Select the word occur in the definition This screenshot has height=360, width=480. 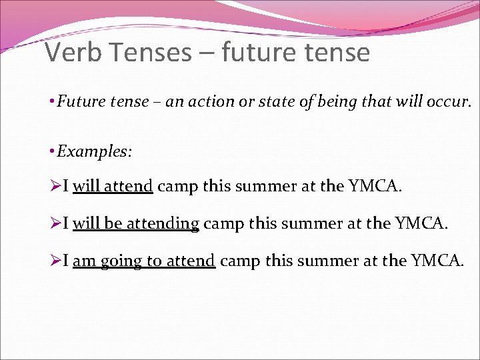tap(449, 103)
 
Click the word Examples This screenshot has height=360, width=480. tap(95, 151)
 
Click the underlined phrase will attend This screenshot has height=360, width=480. tap(113, 186)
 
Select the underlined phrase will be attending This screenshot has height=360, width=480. tap(136, 223)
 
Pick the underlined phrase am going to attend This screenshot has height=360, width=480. tap(144, 261)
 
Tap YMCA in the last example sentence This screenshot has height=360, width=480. tap(439, 261)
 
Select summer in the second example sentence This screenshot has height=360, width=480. tap(307, 223)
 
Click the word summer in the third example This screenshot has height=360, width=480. tap(323, 261)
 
